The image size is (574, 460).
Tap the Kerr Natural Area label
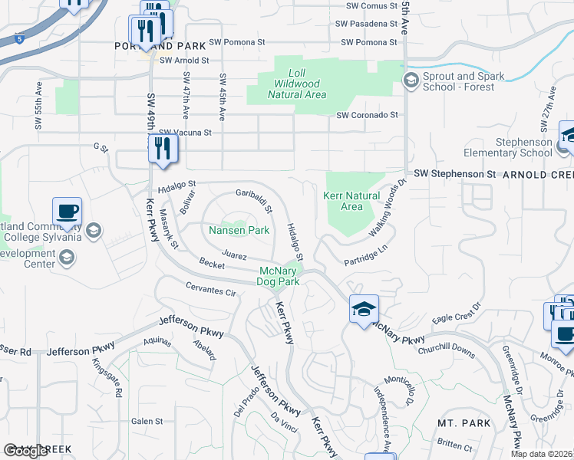point(351,201)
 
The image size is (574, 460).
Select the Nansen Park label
point(239,230)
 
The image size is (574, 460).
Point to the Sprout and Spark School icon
point(411,80)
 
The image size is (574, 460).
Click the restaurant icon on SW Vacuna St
point(162,147)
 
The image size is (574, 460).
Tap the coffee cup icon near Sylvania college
point(67,212)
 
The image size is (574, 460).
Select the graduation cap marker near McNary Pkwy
point(364,309)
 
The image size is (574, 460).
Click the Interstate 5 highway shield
point(18,36)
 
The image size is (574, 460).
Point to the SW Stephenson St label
point(454,174)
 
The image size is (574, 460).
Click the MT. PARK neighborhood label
point(458,422)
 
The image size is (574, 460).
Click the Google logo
point(25,451)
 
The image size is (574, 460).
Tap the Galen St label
point(147,421)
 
